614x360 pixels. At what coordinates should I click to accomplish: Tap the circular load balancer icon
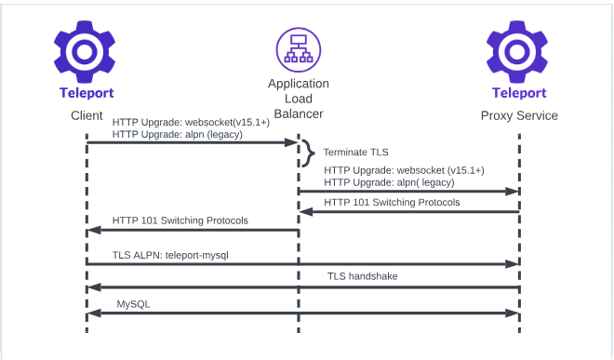click(x=298, y=51)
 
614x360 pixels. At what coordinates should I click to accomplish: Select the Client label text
click(x=86, y=115)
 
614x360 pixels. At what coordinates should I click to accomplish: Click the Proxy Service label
click(x=519, y=115)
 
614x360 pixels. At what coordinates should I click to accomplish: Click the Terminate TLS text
click(x=355, y=152)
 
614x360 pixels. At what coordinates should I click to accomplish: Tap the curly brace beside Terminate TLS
click(x=305, y=152)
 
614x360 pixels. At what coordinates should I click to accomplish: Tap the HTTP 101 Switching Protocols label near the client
click(x=180, y=220)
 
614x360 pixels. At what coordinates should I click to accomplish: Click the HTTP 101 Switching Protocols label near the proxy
click(x=392, y=202)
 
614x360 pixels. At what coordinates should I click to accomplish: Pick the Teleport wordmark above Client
click(x=86, y=93)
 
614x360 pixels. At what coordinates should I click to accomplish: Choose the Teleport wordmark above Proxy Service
click(x=519, y=93)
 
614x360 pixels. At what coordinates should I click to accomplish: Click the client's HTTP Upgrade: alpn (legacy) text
click(x=177, y=134)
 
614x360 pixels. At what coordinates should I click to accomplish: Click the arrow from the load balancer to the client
click(x=192, y=232)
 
